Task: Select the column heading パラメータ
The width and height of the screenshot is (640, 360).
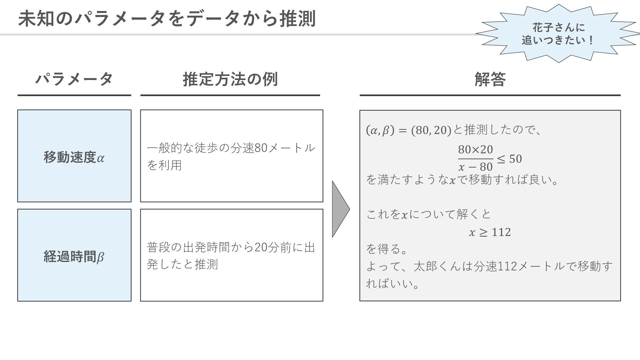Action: coord(74,79)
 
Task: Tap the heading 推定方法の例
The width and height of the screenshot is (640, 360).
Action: coord(230,79)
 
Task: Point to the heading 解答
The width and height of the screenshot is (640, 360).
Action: coord(490,79)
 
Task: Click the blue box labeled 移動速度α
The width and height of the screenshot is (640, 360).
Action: coord(74,156)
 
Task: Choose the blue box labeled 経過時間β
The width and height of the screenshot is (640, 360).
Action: coord(74,255)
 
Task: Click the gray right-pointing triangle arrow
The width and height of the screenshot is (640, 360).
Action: coord(340,209)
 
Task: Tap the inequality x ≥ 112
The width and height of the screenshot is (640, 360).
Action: coord(490,232)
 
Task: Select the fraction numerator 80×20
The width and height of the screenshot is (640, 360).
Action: coord(475,150)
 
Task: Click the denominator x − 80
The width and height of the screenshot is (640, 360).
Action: coord(475,166)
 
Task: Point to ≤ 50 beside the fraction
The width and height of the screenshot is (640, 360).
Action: coord(509,159)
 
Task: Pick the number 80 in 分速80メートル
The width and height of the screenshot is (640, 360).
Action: coord(261,148)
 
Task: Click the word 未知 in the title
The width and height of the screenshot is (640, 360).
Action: coord(36,19)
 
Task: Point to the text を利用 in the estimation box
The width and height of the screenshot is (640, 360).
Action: coord(164,165)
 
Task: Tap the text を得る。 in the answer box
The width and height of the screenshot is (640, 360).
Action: coord(387,249)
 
